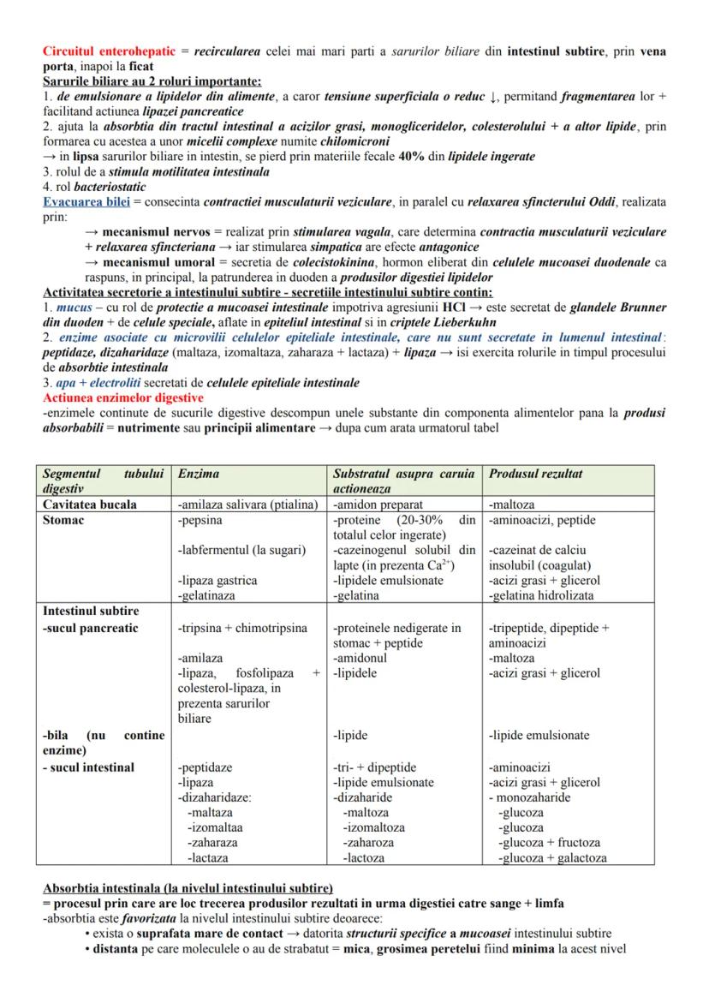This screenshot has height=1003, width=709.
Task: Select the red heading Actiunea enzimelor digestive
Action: click(123, 398)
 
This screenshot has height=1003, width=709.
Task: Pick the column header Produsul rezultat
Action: click(536, 474)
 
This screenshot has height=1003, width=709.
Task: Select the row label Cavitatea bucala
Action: click(89, 504)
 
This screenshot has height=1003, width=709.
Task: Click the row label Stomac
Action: click(63, 520)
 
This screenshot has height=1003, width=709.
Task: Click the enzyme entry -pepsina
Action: click(200, 520)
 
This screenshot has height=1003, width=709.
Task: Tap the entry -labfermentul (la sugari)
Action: click(241, 550)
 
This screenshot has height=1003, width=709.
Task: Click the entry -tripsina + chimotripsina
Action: click(241, 628)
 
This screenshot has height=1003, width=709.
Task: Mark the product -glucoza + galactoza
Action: click(552, 857)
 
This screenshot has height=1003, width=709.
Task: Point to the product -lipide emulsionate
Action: click(539, 735)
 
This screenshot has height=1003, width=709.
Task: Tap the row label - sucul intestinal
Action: click(88, 767)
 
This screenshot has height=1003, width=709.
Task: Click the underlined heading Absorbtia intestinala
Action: click(188, 887)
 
